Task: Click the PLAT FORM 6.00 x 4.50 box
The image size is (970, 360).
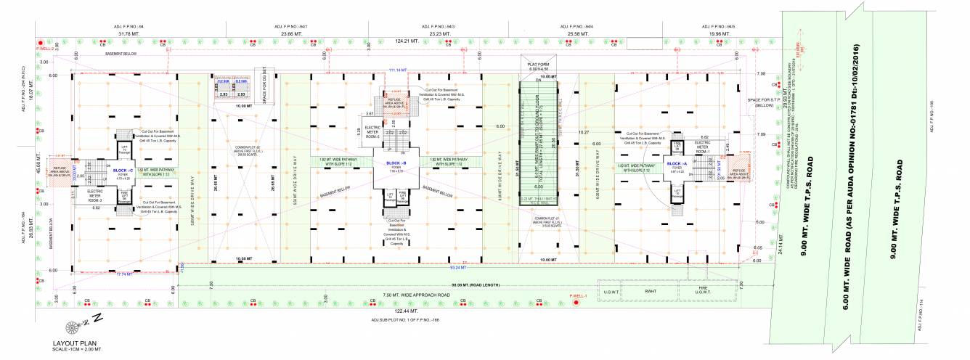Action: pyautogui.click(x=539, y=67)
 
